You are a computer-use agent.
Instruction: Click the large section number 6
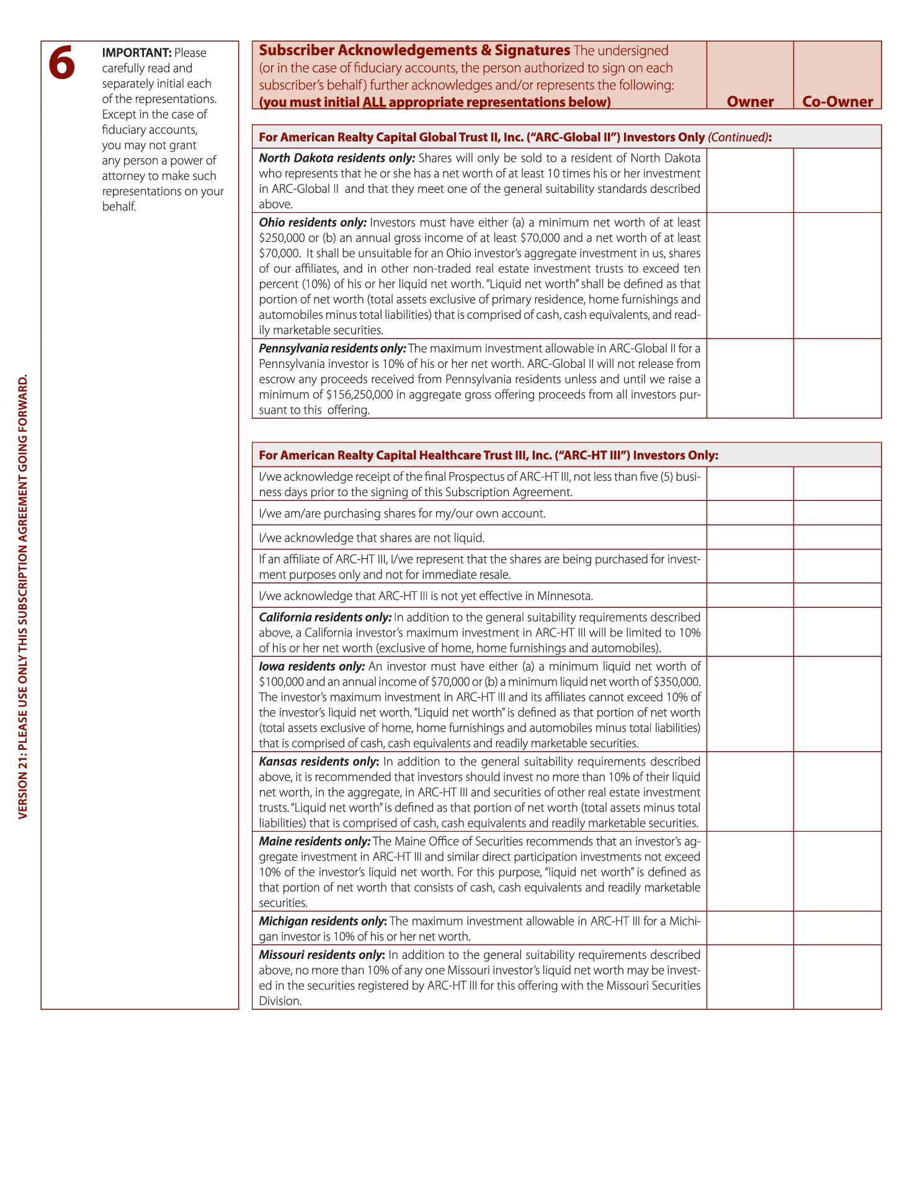point(62,63)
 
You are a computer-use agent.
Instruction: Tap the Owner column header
point(750,102)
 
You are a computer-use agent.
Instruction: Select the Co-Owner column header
point(837,102)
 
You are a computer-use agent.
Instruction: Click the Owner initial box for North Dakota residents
point(750,180)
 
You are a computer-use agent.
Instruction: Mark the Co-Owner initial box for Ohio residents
point(837,275)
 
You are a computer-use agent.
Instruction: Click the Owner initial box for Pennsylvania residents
point(750,378)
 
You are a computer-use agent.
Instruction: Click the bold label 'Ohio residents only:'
point(313,223)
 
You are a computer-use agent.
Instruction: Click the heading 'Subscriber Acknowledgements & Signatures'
point(414,51)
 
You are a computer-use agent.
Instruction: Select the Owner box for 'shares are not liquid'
point(750,537)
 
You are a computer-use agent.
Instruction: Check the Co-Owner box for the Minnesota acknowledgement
point(837,595)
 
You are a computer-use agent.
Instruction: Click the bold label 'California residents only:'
point(325,618)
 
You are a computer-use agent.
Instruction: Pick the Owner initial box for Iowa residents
point(750,704)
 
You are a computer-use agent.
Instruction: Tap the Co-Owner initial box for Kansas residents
point(837,791)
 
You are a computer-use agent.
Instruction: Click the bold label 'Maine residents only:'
point(314,842)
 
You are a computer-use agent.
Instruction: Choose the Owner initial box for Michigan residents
point(750,928)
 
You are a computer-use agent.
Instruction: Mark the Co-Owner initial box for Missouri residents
point(837,977)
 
